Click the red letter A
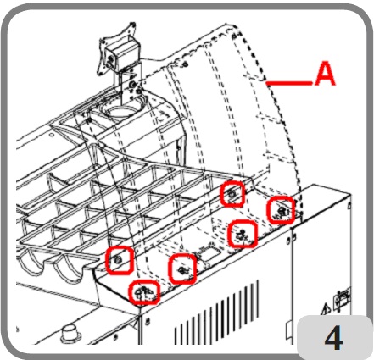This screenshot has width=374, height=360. tap(325, 74)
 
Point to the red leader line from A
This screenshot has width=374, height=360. tap(289, 83)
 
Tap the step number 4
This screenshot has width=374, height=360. tap(334, 338)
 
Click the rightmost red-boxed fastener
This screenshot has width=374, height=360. tap(281, 211)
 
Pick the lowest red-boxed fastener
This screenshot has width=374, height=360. tap(144, 292)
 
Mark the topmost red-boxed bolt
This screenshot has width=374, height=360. tap(232, 194)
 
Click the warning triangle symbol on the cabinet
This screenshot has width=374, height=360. tap(326, 308)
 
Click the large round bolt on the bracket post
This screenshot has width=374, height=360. tap(131, 84)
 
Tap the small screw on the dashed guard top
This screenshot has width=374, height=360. tap(185, 64)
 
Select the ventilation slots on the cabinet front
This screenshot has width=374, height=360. tap(217, 312)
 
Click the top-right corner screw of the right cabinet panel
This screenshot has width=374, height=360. tap(349, 205)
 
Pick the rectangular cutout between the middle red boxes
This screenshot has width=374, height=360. tap(209, 252)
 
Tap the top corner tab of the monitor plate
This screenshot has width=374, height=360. tap(131, 25)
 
